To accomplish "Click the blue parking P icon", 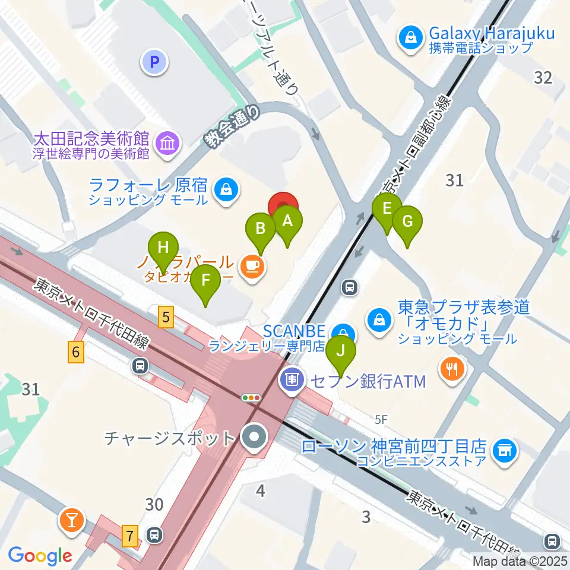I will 154,61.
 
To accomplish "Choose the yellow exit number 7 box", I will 130,537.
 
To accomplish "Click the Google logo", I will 40,556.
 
